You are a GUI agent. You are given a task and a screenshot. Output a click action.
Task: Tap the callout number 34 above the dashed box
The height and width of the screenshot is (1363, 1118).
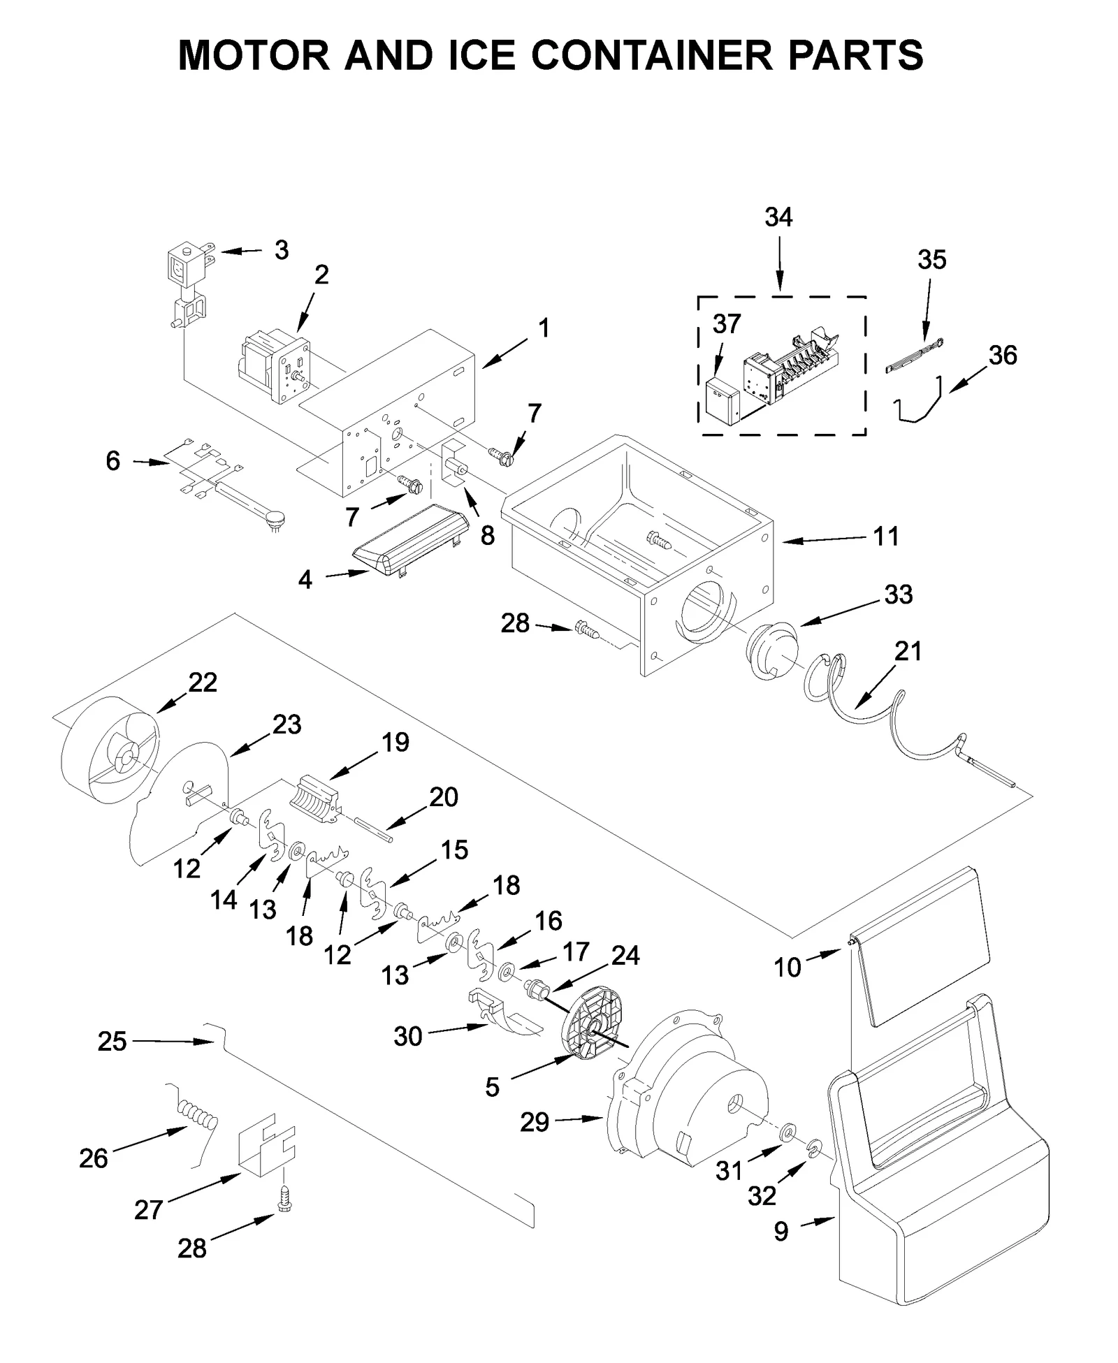click(778, 217)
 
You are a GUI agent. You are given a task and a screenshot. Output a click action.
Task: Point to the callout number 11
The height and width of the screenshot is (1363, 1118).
click(886, 537)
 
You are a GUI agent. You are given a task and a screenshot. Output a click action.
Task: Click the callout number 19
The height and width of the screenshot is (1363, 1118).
click(395, 742)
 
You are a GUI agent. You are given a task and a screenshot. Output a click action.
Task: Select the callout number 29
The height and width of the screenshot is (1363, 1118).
click(535, 1123)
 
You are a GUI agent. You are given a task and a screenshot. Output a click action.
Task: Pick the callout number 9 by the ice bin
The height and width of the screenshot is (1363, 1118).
click(781, 1231)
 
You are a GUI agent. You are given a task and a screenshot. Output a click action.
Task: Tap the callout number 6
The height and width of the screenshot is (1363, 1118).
click(112, 460)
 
